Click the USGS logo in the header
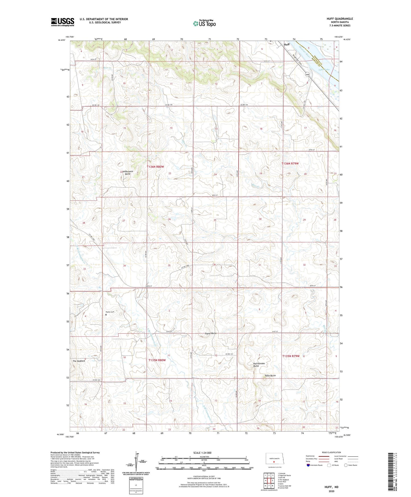point(63,22)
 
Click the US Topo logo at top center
point(204,23)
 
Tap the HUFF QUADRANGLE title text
point(340,19)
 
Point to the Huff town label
point(286,45)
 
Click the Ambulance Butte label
point(127,172)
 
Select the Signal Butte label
point(211,333)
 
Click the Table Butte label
point(270,375)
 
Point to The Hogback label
point(79,361)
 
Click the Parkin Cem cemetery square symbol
point(106,315)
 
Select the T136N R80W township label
point(155,167)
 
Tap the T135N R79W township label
point(291,356)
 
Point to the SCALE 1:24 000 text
point(202,453)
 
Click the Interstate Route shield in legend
point(309,465)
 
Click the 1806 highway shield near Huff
point(307,74)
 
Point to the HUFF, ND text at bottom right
point(331,487)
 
